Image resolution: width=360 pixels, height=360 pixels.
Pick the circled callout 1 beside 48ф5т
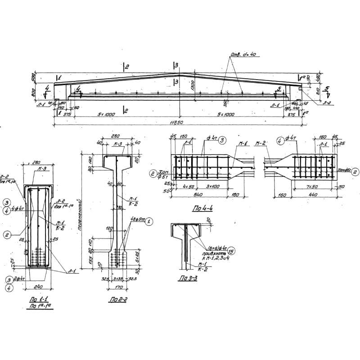[149, 221]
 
